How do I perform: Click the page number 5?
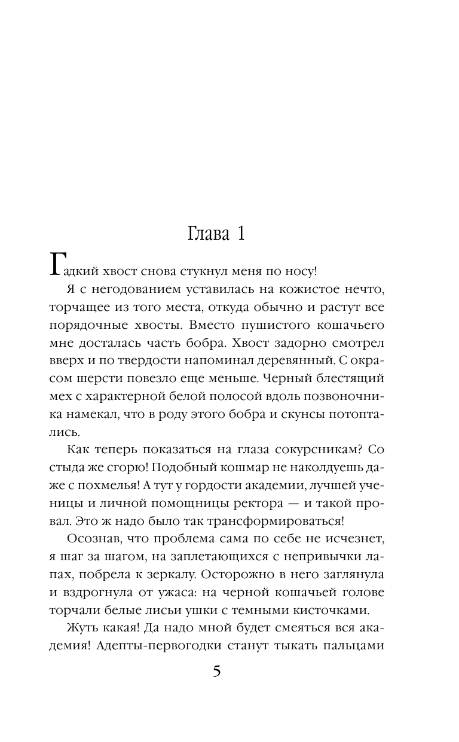[x=217, y=671]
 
